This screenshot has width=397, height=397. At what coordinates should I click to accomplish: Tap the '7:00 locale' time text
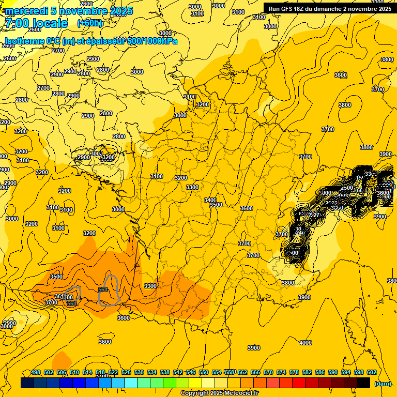[x=36, y=23]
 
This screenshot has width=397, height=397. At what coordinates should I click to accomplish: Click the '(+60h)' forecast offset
[x=90, y=23]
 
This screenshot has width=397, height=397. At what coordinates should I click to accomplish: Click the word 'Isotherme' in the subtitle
[x=24, y=41]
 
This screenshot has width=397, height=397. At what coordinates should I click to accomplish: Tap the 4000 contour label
[x=306, y=343]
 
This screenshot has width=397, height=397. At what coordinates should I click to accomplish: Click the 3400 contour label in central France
[x=210, y=200]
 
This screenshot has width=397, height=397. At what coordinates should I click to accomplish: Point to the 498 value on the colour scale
[x=36, y=372]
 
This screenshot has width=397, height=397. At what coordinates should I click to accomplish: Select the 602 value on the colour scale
[x=372, y=372]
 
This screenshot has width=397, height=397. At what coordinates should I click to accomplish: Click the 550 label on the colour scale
[x=204, y=372]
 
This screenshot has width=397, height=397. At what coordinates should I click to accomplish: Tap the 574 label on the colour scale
[x=281, y=372]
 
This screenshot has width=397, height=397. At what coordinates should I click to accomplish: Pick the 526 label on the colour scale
[x=126, y=372]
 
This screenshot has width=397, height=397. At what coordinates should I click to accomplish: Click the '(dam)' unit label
[x=383, y=383]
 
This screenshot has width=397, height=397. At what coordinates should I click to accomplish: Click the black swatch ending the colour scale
[x=363, y=383]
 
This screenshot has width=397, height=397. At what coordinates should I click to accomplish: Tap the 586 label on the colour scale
[x=320, y=372]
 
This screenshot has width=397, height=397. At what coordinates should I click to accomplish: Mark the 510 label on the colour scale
[x=74, y=372]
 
